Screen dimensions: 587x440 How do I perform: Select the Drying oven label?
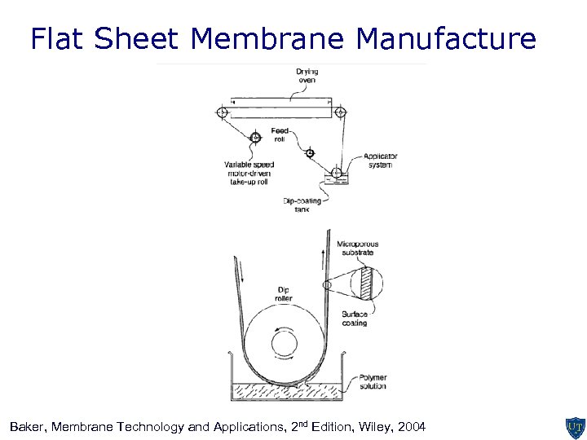(307, 76)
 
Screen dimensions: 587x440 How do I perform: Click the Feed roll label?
(280, 134)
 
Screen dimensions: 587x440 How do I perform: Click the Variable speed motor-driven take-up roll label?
(249, 174)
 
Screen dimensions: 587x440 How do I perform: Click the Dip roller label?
(283, 293)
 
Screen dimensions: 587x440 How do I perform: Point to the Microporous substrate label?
(358, 249)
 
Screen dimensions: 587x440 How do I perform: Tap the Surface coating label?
(355, 319)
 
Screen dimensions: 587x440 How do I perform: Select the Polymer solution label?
(373, 381)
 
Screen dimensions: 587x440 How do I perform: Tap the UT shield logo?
(572, 427)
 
